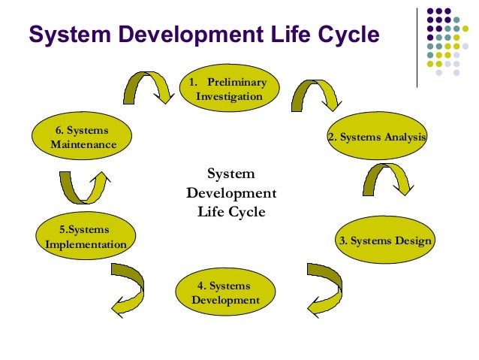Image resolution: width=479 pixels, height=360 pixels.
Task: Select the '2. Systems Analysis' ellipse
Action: point(377,137)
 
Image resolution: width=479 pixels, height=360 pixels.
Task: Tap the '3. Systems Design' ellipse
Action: point(384,241)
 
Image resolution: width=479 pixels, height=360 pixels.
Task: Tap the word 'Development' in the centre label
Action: point(231,193)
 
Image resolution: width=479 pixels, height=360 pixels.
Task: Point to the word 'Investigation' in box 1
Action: point(229,97)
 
